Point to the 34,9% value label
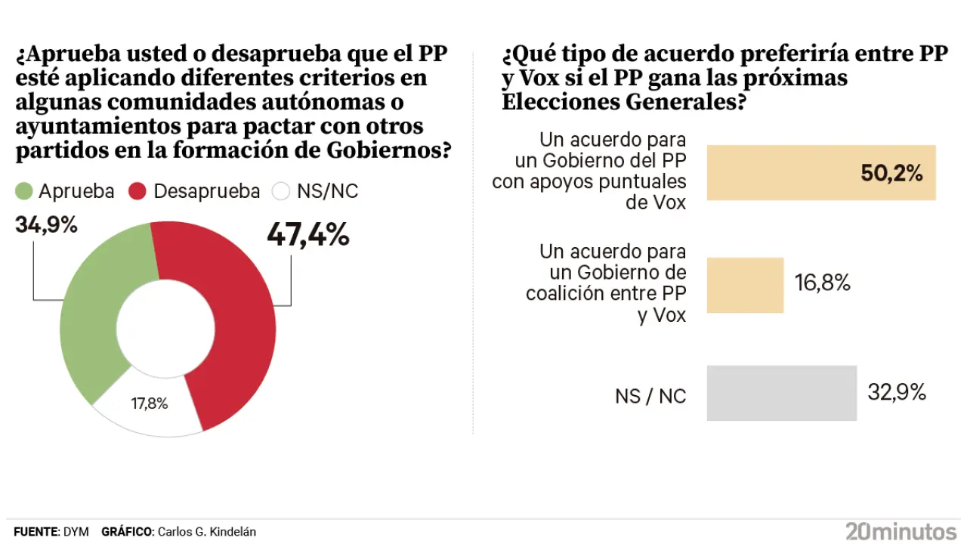click(45, 224)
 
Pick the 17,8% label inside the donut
click(150, 403)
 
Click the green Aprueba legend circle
click(24, 192)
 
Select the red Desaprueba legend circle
click(137, 192)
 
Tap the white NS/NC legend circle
click(281, 192)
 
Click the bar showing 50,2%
click(820, 173)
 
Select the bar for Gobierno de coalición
click(745, 285)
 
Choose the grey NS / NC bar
click(781, 393)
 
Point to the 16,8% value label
click(823, 283)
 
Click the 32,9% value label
click(897, 393)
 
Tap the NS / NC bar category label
click(650, 395)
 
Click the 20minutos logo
click(901, 531)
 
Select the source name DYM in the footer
click(76, 532)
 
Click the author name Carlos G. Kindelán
click(206, 532)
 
